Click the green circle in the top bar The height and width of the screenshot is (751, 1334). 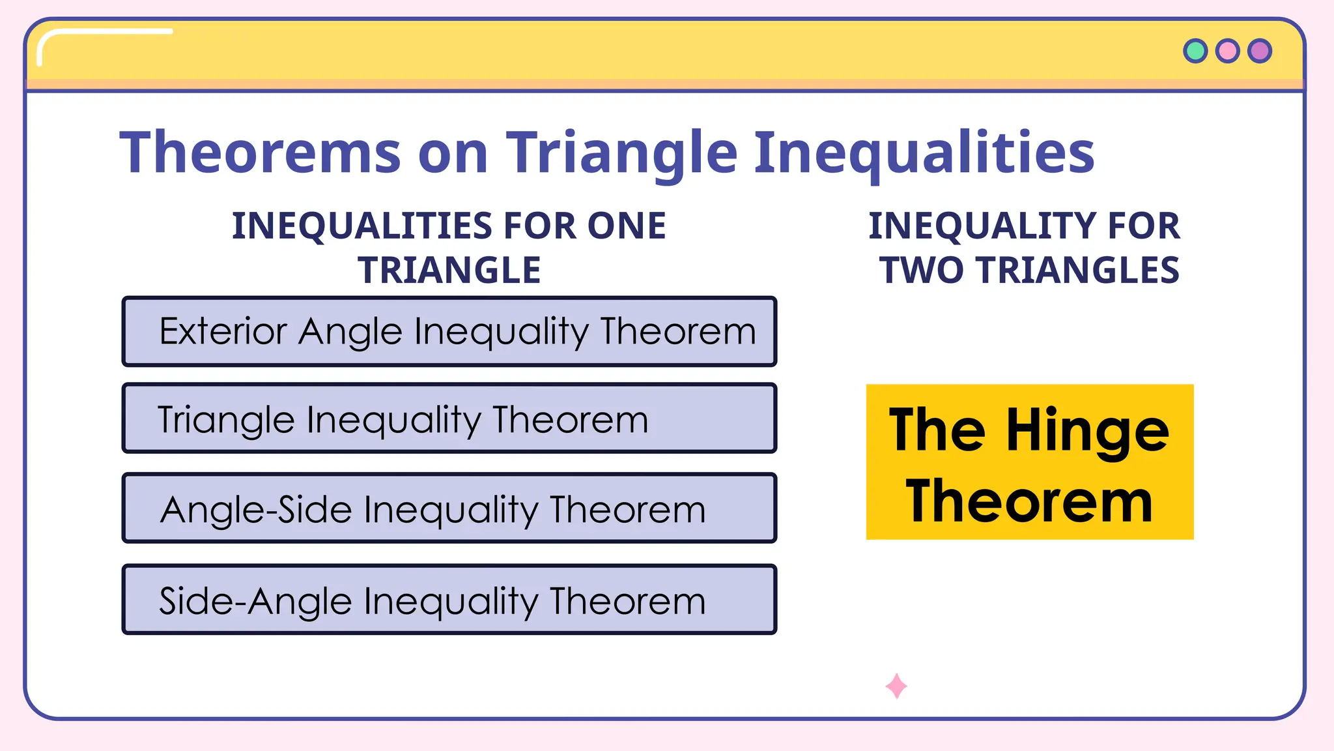pos(1195,51)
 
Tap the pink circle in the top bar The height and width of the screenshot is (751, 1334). pos(1228,51)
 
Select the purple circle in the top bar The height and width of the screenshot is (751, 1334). pos(1260,51)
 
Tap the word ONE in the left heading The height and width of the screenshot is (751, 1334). pos(627,226)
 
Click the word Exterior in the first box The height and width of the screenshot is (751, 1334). pos(223,331)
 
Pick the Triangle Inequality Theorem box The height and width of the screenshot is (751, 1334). pos(449,419)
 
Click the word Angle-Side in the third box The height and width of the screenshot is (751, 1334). pos(256,510)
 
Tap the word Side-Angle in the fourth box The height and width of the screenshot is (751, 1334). pos(255,601)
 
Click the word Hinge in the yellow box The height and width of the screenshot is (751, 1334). pos(1087,432)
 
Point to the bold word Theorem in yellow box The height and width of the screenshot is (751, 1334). pos(1029,502)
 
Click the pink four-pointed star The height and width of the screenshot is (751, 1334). pos(896,686)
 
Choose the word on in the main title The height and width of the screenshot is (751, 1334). pos(453,154)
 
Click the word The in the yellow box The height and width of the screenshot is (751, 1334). pos(937,430)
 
